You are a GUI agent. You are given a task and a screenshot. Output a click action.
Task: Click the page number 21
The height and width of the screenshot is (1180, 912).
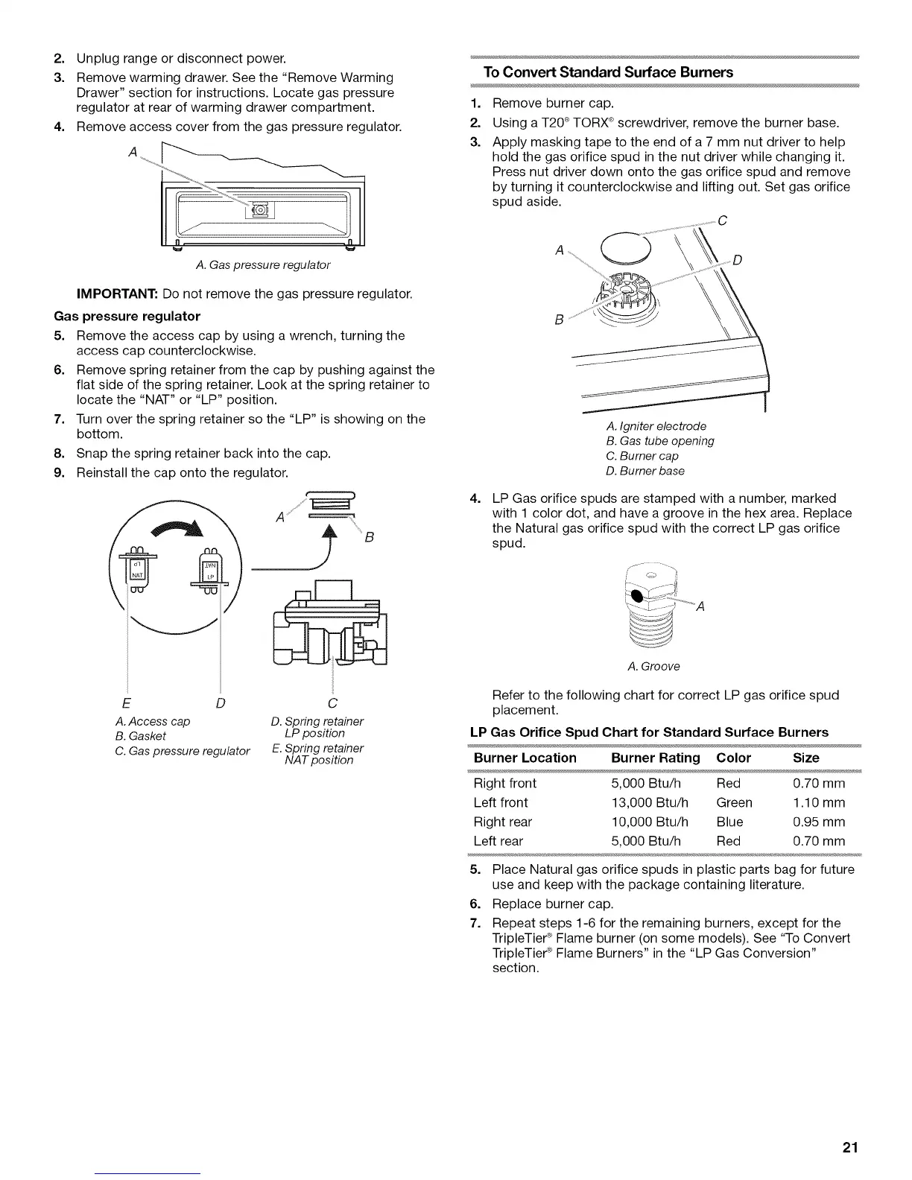tap(850, 1148)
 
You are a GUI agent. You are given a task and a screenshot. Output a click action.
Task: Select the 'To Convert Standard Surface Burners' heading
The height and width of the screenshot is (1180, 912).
tap(608, 72)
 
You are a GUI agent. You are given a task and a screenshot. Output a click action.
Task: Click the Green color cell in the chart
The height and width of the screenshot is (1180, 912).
tap(734, 802)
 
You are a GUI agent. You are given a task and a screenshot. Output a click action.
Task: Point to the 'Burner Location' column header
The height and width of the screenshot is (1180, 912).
tap(525, 758)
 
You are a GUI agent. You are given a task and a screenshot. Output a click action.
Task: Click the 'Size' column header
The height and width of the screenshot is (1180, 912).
tap(806, 758)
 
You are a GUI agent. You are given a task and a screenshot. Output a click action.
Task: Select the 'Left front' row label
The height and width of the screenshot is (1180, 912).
tap(501, 802)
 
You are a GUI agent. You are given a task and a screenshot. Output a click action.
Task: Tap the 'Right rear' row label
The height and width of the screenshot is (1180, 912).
tap(503, 822)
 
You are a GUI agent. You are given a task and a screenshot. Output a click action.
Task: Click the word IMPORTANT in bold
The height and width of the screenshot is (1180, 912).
tap(118, 294)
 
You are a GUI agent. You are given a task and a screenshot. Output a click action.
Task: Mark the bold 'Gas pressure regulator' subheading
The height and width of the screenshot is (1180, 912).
tap(127, 316)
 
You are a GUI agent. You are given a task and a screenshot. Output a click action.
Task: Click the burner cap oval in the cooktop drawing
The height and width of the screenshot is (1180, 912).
tap(626, 245)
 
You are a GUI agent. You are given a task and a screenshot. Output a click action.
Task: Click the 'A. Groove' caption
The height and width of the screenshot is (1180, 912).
tap(654, 666)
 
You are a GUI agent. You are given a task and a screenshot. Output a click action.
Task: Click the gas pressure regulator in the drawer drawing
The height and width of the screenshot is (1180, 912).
tap(261, 211)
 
